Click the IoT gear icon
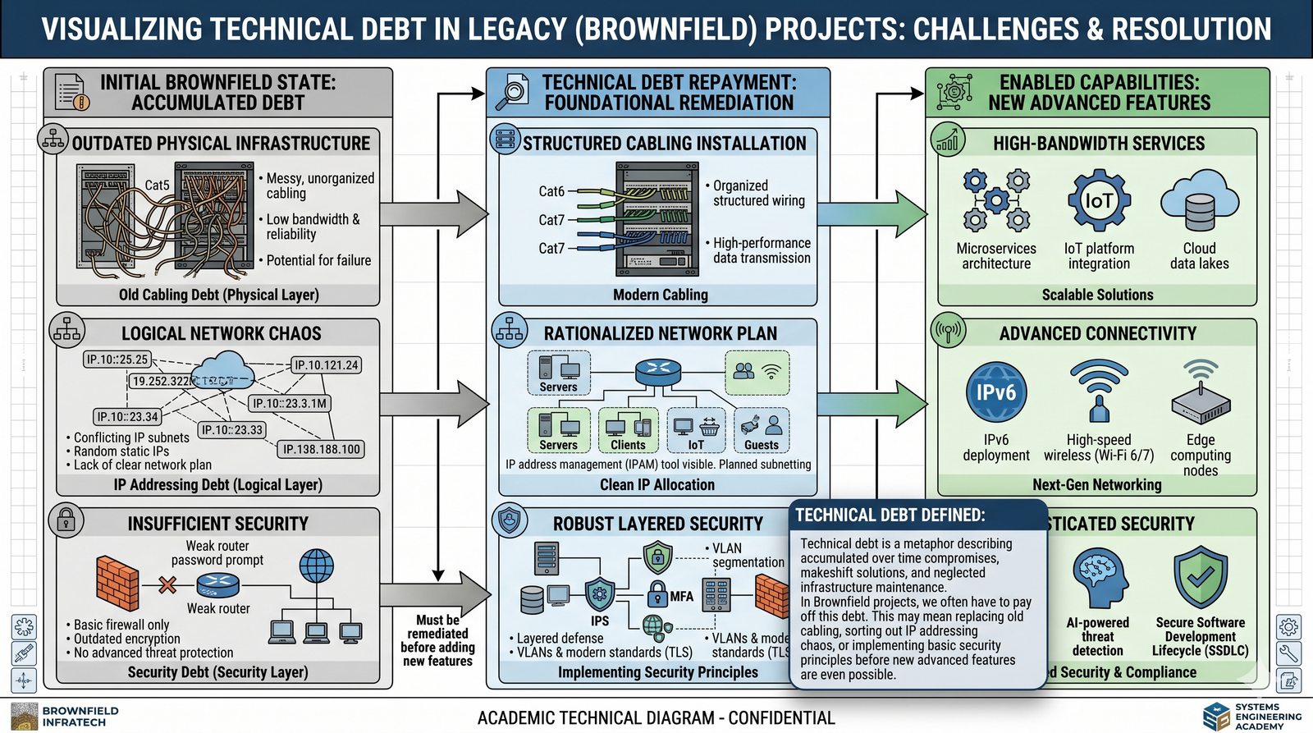1099,200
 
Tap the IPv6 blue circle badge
995,393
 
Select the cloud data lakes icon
1199,202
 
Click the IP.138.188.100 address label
321,449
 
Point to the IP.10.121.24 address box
326,364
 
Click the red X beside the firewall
167,584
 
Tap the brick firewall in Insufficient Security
117,582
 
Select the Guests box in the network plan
761,431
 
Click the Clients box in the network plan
628,431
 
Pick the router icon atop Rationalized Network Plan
657,370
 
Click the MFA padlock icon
657,594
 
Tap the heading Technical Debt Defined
890,515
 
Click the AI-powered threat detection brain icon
1098,579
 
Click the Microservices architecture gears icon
995,200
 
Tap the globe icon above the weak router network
317,566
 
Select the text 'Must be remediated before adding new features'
437,640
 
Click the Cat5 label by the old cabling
157,186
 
